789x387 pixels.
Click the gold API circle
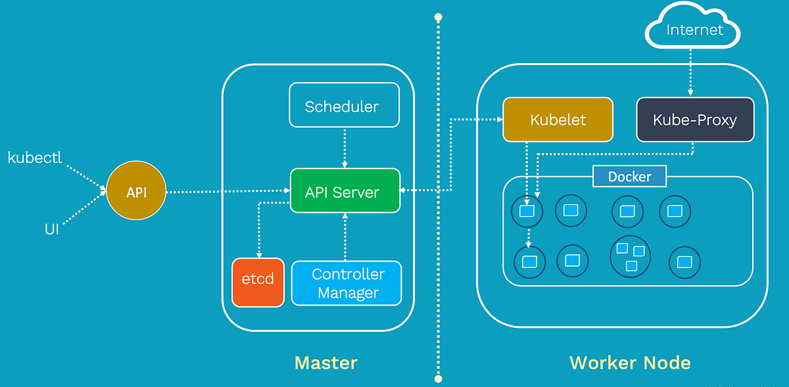coord(136,192)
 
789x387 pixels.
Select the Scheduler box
coord(344,105)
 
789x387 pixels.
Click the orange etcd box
coord(258,282)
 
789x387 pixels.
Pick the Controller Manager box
coord(347,283)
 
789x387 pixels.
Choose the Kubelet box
coord(558,120)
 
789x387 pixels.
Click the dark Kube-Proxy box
coord(694,120)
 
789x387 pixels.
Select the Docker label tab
coord(629,177)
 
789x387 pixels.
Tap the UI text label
coord(51,230)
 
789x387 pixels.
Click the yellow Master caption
coord(325,363)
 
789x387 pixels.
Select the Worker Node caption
coord(629,363)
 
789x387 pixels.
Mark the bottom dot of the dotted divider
coord(438,378)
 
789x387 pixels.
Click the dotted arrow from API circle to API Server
coord(227,191)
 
